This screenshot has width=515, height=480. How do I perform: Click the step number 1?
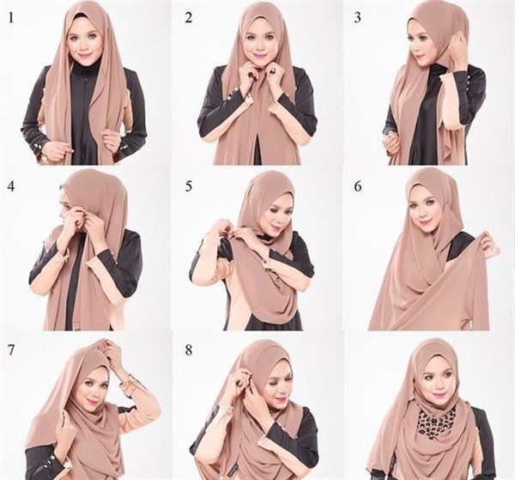[x=10, y=15]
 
